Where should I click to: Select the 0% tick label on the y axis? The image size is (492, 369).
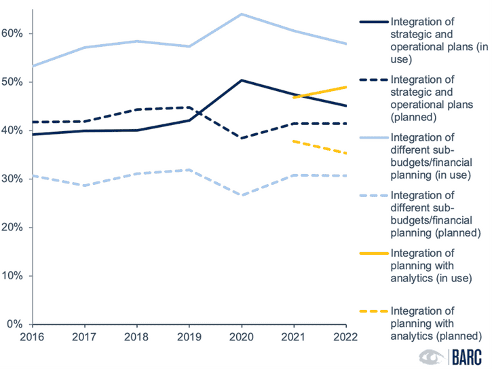[16, 324]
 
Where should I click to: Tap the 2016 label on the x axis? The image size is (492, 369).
[31, 336]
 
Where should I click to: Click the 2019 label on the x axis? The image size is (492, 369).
[189, 336]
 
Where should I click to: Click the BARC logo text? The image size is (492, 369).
[469, 357]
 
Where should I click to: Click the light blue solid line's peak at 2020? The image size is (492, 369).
[242, 14]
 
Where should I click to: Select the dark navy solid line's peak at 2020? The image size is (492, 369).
[242, 80]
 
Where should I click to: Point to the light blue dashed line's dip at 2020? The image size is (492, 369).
[242, 195]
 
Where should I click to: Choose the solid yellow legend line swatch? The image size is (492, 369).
[372, 253]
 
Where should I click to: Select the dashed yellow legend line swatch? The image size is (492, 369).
[372, 311]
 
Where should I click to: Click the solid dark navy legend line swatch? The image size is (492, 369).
[372, 23]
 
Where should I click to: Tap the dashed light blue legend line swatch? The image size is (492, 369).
[372, 196]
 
